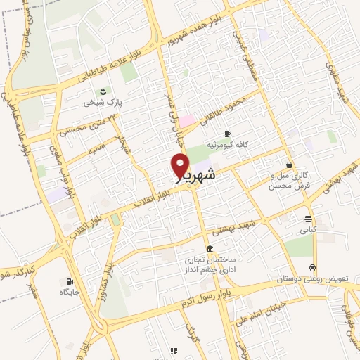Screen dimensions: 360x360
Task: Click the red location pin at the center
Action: pos(180,166)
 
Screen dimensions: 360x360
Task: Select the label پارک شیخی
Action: pos(103,103)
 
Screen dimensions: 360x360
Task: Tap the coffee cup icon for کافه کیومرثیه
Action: pos(227,134)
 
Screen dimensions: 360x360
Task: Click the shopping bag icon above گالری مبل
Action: pos(289,165)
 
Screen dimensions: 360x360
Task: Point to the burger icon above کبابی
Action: pos(308,219)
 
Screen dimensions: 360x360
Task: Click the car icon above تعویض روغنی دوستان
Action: pos(312,267)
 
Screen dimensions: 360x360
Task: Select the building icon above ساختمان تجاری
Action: pos(209,250)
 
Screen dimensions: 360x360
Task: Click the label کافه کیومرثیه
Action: pos(228,144)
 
